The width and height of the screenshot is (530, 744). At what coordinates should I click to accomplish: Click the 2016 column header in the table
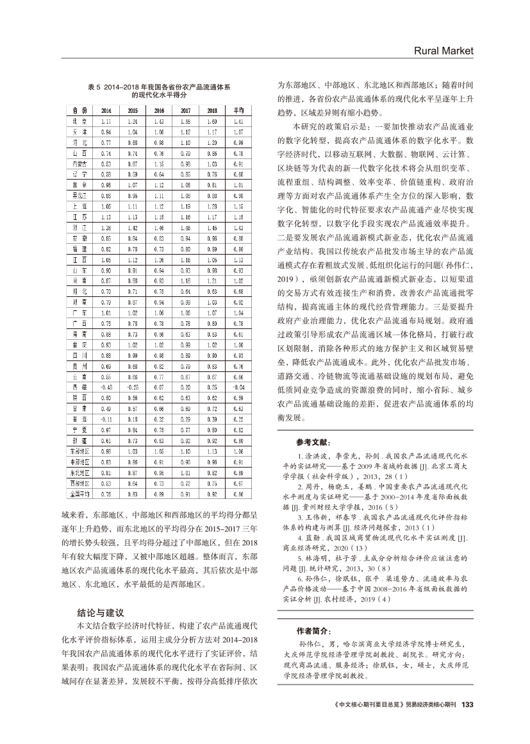(159, 110)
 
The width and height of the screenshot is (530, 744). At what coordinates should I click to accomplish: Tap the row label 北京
(79, 121)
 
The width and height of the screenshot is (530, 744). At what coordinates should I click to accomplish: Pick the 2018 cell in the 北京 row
(212, 121)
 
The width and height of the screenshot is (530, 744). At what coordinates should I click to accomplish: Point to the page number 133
(467, 704)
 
